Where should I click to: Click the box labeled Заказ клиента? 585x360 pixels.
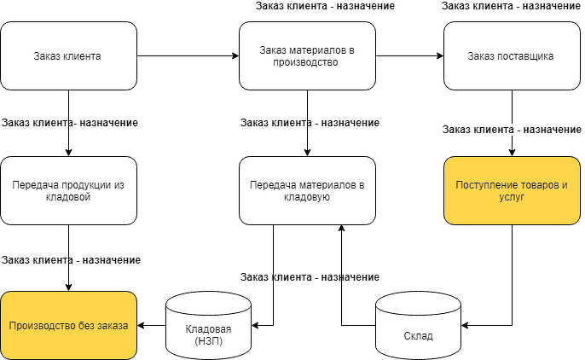click(x=68, y=56)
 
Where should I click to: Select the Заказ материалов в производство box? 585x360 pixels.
click(x=307, y=56)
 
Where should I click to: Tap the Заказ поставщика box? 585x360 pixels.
click(x=512, y=56)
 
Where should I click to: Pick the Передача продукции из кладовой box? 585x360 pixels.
click(x=68, y=190)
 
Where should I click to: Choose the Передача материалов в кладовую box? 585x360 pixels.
click(x=307, y=190)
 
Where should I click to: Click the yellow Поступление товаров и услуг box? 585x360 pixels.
click(x=512, y=190)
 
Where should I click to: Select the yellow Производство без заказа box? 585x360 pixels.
click(x=68, y=325)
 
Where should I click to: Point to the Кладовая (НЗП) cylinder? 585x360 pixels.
click(x=208, y=325)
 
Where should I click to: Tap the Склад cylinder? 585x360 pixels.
click(x=417, y=325)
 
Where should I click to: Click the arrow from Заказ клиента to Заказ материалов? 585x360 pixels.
click(x=188, y=56)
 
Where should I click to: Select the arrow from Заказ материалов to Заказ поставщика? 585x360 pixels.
click(x=409, y=56)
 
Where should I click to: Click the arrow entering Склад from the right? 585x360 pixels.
click(x=486, y=325)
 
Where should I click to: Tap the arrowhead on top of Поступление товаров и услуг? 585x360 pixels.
click(x=512, y=152)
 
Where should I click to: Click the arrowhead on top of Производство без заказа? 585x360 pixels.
click(x=68, y=287)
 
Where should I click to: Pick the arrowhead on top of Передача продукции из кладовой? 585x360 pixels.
click(x=68, y=152)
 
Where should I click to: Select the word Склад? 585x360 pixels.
click(x=417, y=335)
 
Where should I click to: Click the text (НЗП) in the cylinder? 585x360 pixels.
click(x=208, y=341)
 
